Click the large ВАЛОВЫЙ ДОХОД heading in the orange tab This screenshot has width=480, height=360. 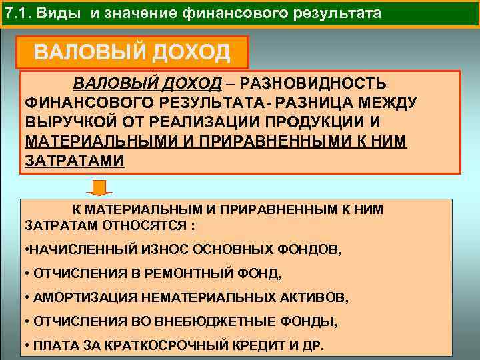click(132, 52)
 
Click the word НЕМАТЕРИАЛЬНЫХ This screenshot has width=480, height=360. click(200, 297)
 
